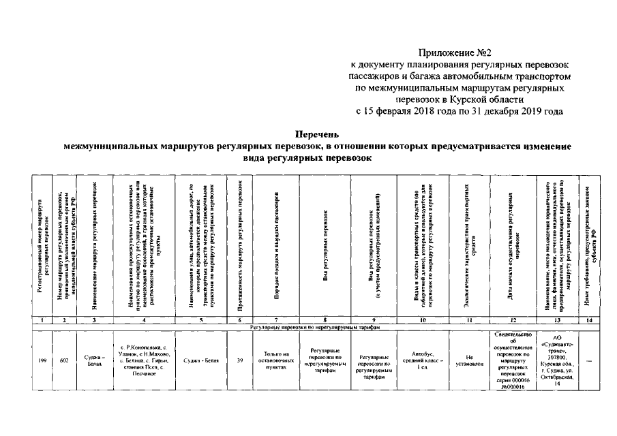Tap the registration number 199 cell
[42, 360]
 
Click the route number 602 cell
[64, 360]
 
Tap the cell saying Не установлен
[470, 360]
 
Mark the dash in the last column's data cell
[590, 360]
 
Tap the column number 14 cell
[590, 320]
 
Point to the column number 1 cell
[42, 320]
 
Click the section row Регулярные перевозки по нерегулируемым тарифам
[314, 327]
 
